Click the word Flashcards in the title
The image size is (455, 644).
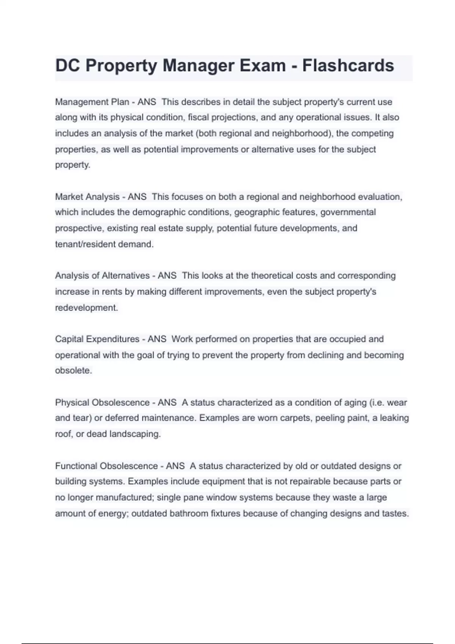[348, 66]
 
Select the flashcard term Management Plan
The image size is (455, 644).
[92, 102]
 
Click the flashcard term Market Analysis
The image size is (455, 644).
[87, 197]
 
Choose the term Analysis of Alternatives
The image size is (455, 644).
[102, 275]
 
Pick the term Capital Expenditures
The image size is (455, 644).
[97, 339]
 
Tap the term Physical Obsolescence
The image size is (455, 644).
[102, 402]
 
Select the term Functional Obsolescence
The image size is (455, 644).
[107, 466]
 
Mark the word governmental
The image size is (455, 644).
[348, 212]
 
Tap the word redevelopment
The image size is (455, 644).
[86, 308]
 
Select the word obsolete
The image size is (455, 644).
[74, 370]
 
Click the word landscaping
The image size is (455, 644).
[135, 434]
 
